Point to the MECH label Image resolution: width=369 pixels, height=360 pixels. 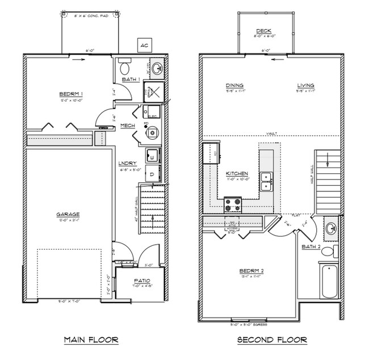coord(127,125)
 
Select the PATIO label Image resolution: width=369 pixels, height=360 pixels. coord(140,281)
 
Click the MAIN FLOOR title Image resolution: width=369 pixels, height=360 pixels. coord(91,340)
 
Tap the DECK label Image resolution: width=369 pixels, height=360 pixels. coord(263,31)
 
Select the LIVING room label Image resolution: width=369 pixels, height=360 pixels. coord(305,86)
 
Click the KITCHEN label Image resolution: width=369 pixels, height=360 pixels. coord(236,173)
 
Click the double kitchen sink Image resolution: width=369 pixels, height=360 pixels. coord(266,182)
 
